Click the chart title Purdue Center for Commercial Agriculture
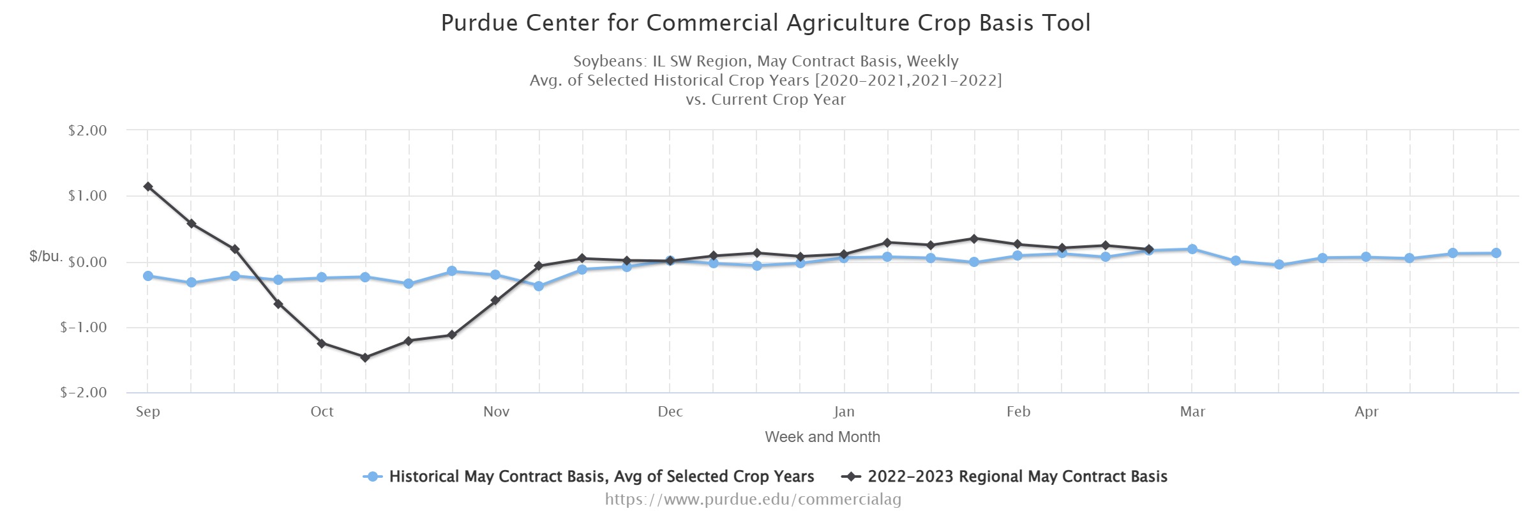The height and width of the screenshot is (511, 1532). [x=765, y=23]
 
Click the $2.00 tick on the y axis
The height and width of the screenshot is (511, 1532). [x=87, y=130]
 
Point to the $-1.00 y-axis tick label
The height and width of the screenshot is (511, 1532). [x=84, y=327]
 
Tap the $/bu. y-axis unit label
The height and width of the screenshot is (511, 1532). [x=46, y=257]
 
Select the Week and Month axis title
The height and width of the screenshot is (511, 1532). [x=822, y=437]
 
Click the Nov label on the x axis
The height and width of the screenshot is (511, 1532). [x=496, y=412]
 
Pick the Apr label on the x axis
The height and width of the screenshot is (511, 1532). [x=1367, y=412]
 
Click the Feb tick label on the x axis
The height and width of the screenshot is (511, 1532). [x=1018, y=412]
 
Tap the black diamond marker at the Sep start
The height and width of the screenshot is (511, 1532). [x=148, y=187]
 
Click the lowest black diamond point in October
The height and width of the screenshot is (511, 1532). [x=365, y=358]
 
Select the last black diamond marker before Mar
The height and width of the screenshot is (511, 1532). [x=1149, y=249]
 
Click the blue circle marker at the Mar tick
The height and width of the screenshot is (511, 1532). [x=1192, y=249]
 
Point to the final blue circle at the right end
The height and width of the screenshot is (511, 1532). [x=1496, y=253]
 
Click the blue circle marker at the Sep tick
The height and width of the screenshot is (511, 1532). [x=148, y=276]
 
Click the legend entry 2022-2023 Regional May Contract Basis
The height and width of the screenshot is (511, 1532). [x=1017, y=477]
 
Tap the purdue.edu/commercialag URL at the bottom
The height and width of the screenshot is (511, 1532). [x=753, y=499]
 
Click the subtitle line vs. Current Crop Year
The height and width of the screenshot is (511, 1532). [x=765, y=100]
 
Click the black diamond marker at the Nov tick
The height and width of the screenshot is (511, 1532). [x=495, y=300]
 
